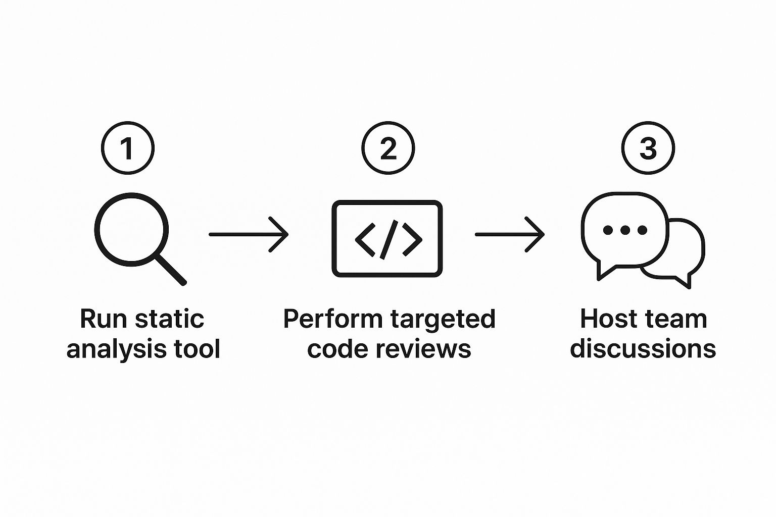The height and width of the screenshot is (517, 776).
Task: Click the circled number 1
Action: (x=128, y=148)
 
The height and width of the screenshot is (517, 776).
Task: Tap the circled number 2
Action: (x=387, y=148)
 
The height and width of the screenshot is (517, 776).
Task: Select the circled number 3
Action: (x=648, y=148)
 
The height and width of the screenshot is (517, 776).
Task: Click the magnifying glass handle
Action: (x=170, y=269)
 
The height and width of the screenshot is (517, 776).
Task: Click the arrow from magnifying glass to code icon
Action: (x=248, y=234)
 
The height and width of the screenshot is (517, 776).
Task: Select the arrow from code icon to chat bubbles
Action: (x=509, y=234)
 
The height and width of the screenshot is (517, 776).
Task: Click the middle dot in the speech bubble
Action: (x=625, y=230)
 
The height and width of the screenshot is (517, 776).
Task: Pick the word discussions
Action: (x=643, y=349)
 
